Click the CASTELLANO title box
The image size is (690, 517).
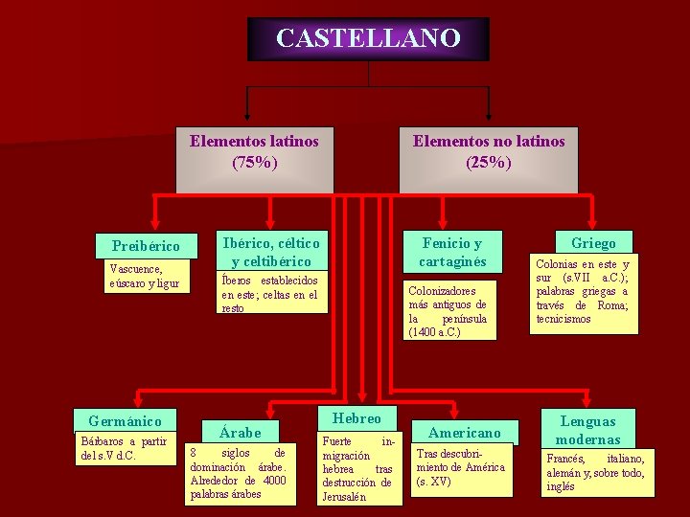tap(368, 39)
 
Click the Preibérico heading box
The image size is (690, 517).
tap(146, 246)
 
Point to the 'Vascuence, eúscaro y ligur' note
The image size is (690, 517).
tap(144, 277)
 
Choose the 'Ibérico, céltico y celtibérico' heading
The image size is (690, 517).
tap(269, 252)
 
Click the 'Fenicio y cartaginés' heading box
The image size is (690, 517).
tap(451, 252)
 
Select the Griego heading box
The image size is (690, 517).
tap(593, 243)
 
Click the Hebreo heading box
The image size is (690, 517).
tap(356, 418)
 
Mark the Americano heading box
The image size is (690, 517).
tap(464, 433)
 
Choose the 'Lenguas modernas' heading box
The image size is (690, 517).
tap(587, 430)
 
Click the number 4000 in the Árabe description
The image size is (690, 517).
tap(274, 481)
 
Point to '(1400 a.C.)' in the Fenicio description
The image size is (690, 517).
tap(434, 332)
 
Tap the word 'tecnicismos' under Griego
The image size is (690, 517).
tap(563, 319)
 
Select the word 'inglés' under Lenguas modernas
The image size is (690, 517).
tap(561, 486)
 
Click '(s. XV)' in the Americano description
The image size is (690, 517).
tap(433, 482)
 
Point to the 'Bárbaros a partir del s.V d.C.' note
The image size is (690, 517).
tap(124, 448)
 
